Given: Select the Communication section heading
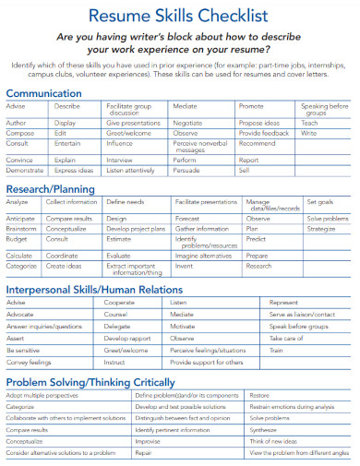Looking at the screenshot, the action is (46, 93).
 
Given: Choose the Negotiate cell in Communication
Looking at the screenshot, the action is (188, 122).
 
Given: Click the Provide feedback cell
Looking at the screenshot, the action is (263, 134).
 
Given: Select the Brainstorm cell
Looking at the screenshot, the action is (22, 228).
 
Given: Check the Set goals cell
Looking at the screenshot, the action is (319, 201).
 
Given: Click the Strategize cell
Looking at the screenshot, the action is (321, 228).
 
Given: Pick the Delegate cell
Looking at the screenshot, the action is (116, 327).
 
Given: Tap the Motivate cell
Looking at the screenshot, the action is (183, 327).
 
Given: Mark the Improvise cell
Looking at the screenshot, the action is (148, 442).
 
